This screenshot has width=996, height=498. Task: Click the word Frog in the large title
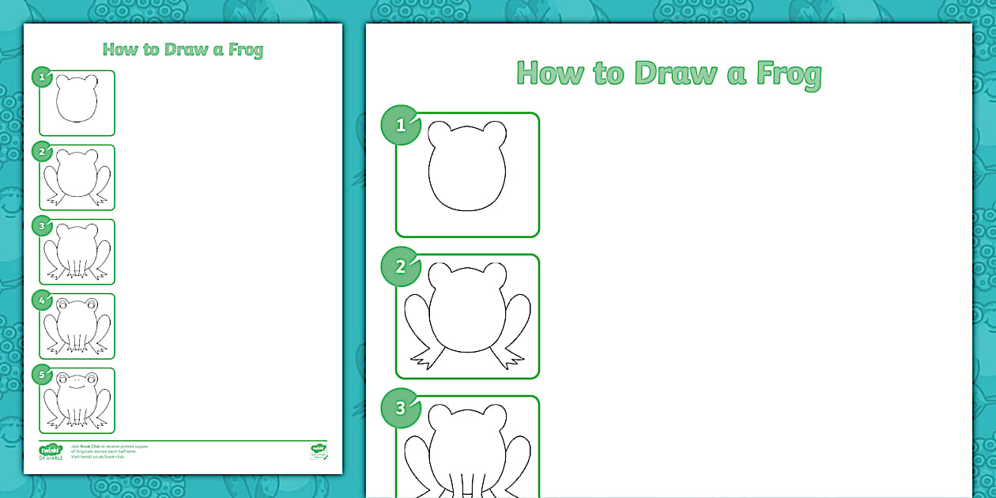coord(789,74)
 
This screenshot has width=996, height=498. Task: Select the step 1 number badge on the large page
coord(401,125)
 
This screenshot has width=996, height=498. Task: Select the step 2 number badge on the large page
coord(401,266)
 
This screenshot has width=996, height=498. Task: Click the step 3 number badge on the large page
coord(401,408)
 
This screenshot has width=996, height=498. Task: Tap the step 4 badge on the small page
coord(42,300)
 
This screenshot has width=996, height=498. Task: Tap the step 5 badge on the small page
coord(42,375)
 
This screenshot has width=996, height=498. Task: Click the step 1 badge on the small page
coord(42,77)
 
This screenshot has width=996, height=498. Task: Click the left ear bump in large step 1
coord(440,134)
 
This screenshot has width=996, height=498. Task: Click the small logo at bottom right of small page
coord(319,451)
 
